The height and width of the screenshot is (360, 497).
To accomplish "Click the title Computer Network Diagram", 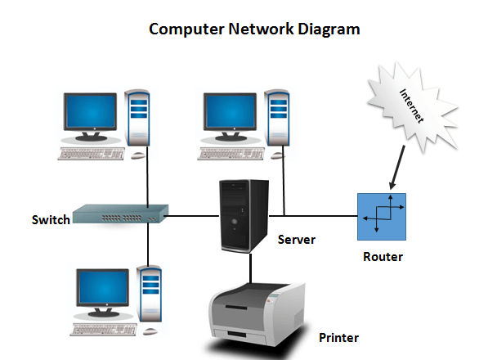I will [254, 29].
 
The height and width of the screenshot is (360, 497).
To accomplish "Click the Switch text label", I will [51, 219].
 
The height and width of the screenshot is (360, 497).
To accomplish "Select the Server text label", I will [297, 240].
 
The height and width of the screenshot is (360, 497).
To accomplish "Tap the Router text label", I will [383, 257].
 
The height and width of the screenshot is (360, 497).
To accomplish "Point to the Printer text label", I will [338, 336].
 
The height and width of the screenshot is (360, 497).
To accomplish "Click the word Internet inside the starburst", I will [413, 105].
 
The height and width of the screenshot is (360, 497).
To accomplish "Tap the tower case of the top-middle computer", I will [278, 123].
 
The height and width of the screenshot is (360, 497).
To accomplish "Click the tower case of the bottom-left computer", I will [149, 295].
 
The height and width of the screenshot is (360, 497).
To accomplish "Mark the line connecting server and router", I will [315, 218].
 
